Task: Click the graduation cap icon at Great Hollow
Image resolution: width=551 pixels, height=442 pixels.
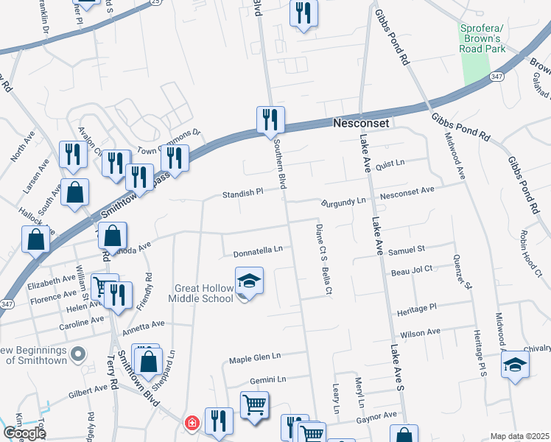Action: [249, 281]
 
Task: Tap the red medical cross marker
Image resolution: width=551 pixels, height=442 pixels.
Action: [192, 423]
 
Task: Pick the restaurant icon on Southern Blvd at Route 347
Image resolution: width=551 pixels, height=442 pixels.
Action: [270, 119]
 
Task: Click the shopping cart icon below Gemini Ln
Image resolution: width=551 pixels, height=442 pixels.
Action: [254, 405]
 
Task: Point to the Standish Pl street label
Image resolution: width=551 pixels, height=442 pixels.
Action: [243, 194]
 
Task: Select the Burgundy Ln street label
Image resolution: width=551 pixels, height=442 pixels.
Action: [343, 200]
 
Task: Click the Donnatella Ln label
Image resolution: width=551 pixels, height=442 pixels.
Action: [258, 251]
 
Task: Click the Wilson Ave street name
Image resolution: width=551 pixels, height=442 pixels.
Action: [420, 334]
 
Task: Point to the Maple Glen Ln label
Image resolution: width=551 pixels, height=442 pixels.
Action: [255, 357]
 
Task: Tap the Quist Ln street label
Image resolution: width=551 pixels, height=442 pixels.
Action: [390, 163]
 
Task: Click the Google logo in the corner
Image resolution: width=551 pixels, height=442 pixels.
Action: [24, 432]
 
